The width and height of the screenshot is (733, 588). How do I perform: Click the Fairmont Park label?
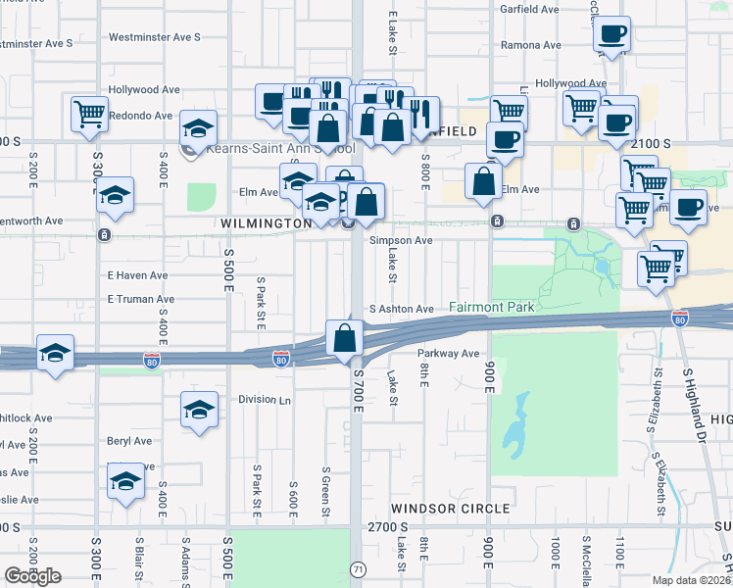pos(492,307)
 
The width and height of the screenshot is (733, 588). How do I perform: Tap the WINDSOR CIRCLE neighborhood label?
pos(451,509)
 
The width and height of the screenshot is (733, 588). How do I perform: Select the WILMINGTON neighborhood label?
pos(266,223)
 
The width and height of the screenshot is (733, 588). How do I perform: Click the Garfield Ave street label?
pos(530,9)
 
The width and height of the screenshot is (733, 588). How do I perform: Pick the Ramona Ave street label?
pos(530,45)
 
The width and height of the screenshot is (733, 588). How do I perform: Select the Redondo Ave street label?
pos(141,116)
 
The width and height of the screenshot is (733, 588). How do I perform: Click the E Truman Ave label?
pos(141,299)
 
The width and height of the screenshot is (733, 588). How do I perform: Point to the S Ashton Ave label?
pos(401,309)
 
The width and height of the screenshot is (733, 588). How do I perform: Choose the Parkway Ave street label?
pos(448,354)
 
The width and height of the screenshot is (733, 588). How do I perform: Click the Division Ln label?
pos(266,400)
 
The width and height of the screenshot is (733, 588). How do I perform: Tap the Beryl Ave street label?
pos(130,441)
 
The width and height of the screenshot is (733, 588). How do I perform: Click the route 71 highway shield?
pos(359,569)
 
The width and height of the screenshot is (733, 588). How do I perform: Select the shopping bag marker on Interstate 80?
pos(345,339)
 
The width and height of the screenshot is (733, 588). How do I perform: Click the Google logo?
pos(32,576)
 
